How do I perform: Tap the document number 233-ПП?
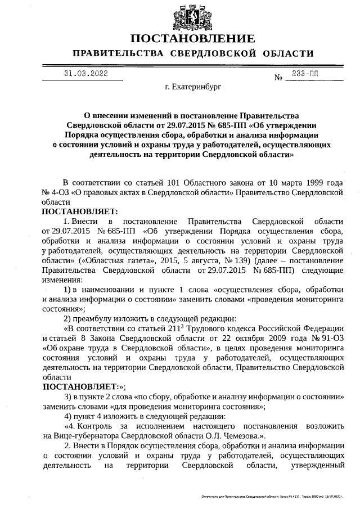point(304,73)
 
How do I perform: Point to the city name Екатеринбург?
point(193,88)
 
